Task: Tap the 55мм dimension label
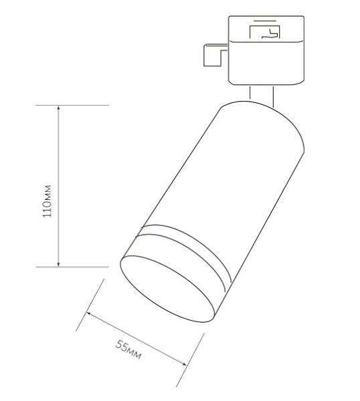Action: coord(128,351)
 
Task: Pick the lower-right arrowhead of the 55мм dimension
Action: coord(185,363)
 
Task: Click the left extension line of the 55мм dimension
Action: coord(91,304)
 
